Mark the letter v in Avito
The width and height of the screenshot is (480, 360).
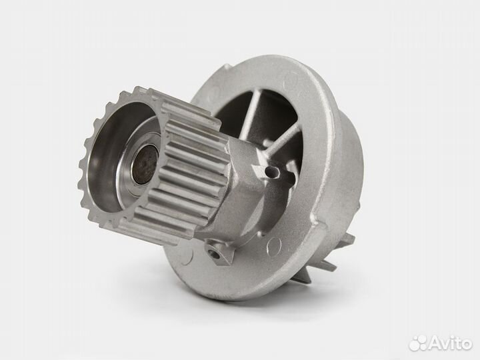(443, 343)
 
